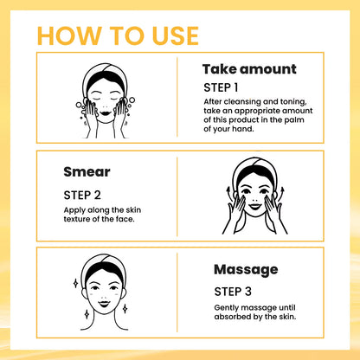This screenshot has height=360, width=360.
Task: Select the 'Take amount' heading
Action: click(249, 69)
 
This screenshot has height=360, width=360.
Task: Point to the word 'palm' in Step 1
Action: click(300, 122)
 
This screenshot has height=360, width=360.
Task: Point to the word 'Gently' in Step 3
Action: click(228, 308)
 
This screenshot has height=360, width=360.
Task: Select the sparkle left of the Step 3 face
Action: click(75, 283)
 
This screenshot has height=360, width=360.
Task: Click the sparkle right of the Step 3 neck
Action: click(125, 307)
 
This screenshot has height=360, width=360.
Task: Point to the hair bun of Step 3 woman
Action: click(105, 257)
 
